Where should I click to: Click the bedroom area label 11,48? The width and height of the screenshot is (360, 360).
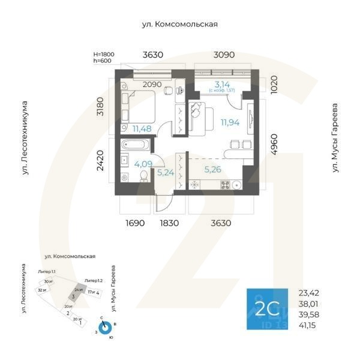point(142,128)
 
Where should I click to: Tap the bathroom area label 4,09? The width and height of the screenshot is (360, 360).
point(143,163)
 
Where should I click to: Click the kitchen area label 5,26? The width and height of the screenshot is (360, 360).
point(212,169)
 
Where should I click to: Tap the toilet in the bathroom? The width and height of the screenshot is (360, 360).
point(143,176)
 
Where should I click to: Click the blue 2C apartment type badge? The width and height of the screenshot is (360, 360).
point(268,310)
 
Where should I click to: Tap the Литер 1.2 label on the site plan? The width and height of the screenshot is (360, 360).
point(94,281)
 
